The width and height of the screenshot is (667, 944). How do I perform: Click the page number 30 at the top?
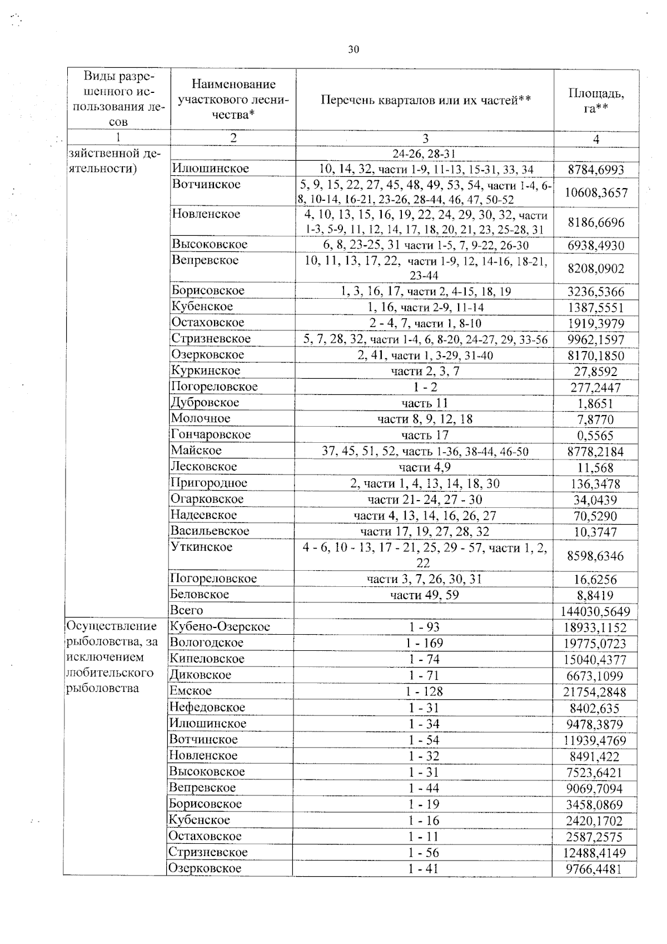(354, 50)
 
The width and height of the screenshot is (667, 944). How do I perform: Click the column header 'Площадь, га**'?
(596, 101)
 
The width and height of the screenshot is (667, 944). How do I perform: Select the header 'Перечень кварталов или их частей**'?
(425, 100)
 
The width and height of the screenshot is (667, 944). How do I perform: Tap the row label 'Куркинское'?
(206, 371)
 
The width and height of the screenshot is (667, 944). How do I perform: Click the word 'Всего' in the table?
(187, 611)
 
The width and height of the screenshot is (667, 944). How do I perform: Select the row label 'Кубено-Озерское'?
(220, 627)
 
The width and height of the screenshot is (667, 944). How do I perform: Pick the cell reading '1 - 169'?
(424, 643)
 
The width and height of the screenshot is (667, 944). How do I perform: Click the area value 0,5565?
(595, 436)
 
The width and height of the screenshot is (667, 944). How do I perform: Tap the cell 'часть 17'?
(425, 435)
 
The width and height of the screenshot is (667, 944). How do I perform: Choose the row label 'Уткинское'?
(201, 547)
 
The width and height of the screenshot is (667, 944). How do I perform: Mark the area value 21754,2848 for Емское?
(595, 692)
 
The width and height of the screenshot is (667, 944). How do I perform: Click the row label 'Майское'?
(196, 451)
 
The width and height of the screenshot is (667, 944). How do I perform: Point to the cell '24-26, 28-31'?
(425, 154)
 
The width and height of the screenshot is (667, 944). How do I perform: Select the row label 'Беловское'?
(200, 595)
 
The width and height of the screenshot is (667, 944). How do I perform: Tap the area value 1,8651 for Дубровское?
(595, 404)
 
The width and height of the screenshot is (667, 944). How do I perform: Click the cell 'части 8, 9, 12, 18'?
(425, 419)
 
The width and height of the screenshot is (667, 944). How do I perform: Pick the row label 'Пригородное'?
(209, 483)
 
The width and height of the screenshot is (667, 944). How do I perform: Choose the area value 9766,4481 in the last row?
(594, 869)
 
